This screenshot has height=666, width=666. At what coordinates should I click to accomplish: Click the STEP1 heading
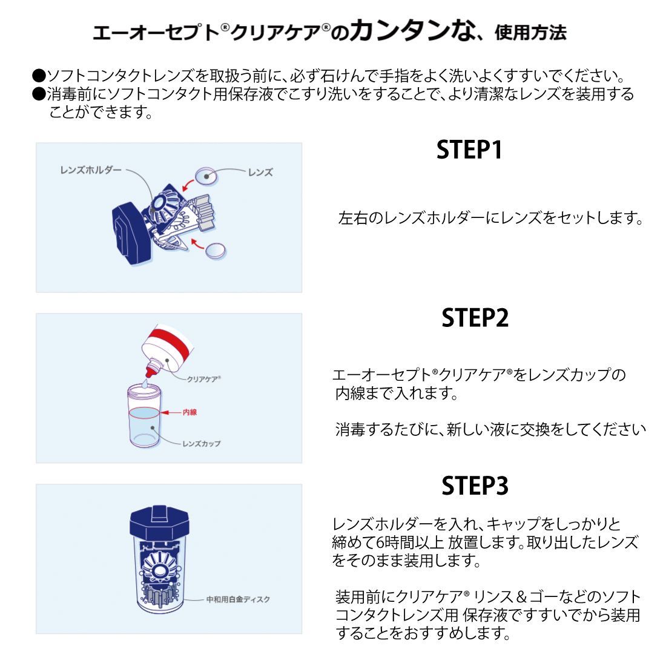[469, 150]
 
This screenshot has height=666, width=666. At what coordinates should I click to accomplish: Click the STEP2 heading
[475, 318]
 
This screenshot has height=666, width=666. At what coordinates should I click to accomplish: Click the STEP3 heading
[475, 486]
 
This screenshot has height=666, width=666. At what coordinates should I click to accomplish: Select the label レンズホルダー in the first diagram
[91, 170]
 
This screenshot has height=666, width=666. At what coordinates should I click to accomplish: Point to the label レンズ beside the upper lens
[260, 173]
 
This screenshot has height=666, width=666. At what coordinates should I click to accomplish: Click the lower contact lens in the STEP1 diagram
[216, 250]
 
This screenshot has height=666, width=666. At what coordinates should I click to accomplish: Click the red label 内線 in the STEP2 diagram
[190, 412]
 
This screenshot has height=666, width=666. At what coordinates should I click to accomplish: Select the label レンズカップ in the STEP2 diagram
[202, 444]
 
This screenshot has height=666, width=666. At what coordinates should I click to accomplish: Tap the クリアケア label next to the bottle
[203, 379]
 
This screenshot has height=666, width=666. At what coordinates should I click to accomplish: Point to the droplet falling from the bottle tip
[145, 382]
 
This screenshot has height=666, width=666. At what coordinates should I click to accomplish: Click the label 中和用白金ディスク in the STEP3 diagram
[238, 599]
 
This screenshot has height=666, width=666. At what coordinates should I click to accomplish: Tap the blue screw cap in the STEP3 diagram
[160, 524]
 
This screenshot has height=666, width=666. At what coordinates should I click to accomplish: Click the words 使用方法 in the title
[530, 33]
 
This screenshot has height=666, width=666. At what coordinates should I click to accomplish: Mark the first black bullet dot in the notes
[39, 76]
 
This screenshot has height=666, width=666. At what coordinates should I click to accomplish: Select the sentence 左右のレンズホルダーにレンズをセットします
[490, 218]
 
